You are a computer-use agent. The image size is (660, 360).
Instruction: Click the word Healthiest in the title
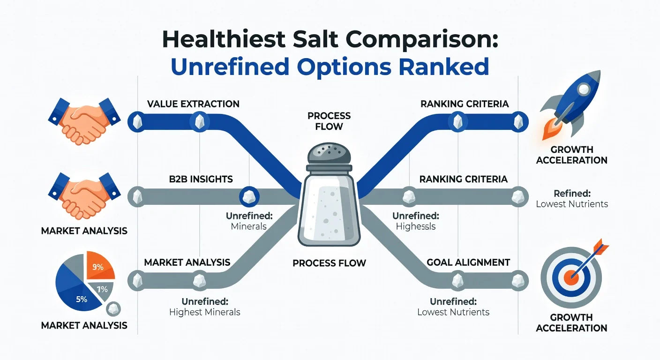pos(224,39)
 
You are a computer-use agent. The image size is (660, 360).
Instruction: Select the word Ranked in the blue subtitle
pos(444,67)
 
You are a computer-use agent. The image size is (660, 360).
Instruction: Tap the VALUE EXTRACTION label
pos(193,104)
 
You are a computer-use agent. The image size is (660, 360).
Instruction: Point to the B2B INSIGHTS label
pos(201,179)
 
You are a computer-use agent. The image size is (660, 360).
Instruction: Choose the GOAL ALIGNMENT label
pos(468,262)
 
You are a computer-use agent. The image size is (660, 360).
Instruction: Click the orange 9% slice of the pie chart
pos(99,266)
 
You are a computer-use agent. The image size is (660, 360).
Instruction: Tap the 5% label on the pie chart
pos(82,300)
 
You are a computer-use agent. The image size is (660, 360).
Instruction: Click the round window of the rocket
pos(584,89)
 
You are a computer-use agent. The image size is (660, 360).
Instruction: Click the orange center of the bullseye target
pos(571,277)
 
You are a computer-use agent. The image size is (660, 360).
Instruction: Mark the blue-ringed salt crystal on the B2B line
pos(249,196)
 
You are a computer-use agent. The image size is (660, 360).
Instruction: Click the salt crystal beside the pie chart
pos(112,309)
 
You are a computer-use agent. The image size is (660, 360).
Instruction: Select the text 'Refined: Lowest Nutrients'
pos(572,199)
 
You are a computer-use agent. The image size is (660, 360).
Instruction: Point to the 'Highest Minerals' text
pos(205,312)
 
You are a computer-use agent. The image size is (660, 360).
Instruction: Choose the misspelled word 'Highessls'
pos(416,226)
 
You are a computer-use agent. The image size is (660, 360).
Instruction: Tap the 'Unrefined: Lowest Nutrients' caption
pos(453,307)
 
